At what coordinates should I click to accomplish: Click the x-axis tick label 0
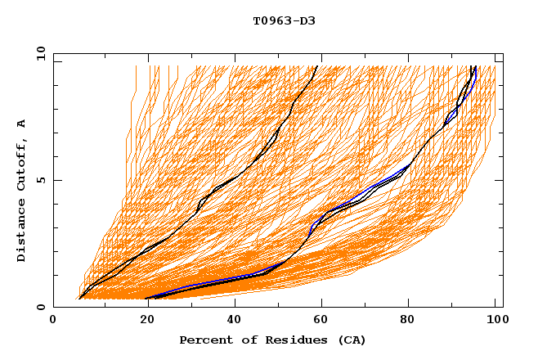(53, 321)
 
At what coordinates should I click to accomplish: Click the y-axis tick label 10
(39, 53)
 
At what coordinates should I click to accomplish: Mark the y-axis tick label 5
(43, 180)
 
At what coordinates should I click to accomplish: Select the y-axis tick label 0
(43, 307)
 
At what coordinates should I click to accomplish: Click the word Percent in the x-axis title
(204, 340)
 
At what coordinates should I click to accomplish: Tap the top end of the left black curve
(317, 66)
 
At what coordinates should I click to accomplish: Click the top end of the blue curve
(476, 66)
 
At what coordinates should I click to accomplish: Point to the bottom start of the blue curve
(148, 297)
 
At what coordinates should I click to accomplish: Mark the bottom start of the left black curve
(78, 299)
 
